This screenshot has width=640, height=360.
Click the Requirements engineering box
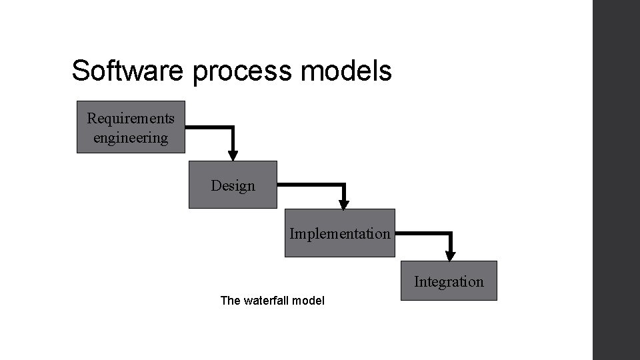[x=131, y=127]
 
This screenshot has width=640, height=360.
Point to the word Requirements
[x=131, y=119]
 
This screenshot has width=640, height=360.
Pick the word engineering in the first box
[x=131, y=138]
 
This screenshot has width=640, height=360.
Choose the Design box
[x=233, y=185]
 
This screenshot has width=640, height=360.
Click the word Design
[x=233, y=185]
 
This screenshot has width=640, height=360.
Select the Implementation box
[x=339, y=233]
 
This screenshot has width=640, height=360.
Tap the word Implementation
[x=339, y=234]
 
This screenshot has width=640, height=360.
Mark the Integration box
[x=449, y=281]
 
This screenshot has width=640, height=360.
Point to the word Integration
[x=449, y=281]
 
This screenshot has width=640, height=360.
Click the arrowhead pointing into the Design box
[x=233, y=155]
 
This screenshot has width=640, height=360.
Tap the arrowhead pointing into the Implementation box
[x=344, y=204]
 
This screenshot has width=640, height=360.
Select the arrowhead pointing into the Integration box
[x=450, y=255]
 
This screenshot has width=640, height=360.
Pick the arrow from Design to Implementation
[x=320, y=185]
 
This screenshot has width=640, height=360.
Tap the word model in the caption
[x=309, y=301]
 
